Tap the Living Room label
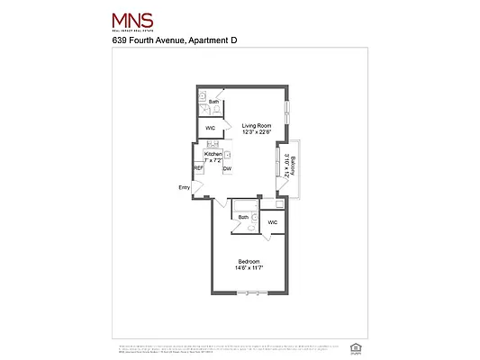[x=255, y=125]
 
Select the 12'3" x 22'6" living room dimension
[x=255, y=132]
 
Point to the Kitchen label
[x=213, y=155]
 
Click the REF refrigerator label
[x=198, y=168]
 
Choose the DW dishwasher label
[x=228, y=168]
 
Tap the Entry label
[x=185, y=188]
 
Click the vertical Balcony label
[x=294, y=165]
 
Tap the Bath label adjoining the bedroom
[x=243, y=217]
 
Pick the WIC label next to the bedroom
[x=273, y=221]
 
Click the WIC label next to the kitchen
[x=210, y=129]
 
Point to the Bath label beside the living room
[x=213, y=102]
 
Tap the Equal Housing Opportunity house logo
[x=351, y=346]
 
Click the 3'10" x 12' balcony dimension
[x=286, y=165]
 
